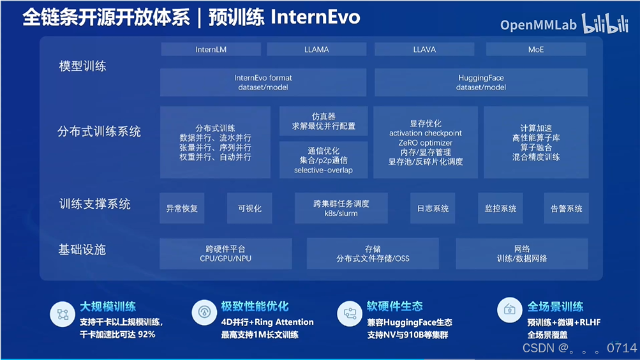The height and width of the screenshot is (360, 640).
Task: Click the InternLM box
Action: point(211,49)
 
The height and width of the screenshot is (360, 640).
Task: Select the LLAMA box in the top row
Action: point(316,49)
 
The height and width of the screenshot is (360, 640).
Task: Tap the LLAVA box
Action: point(424,49)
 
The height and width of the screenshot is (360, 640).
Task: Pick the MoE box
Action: point(536,49)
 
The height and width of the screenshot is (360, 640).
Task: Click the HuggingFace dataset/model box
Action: point(480,82)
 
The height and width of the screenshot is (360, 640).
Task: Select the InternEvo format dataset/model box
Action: point(263,82)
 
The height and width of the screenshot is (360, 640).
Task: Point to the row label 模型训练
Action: point(83,66)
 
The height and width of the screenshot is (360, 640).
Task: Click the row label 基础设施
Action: point(82,250)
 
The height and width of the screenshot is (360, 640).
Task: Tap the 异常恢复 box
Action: point(182,208)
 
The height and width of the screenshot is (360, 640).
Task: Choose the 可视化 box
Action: point(249,208)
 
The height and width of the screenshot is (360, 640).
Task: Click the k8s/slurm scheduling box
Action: point(341,208)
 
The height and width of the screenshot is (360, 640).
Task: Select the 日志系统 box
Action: point(433,208)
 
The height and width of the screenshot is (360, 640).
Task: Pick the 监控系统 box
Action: point(500,208)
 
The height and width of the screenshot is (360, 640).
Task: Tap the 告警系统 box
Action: point(567,208)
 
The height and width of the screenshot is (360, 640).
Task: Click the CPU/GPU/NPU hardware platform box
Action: point(225,253)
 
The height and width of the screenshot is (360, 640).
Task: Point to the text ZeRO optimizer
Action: point(425,143)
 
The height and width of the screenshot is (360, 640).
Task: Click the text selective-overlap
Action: point(323,170)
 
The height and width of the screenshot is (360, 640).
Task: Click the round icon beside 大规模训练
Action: point(63,313)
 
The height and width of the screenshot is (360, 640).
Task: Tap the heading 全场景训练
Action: point(555,306)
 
